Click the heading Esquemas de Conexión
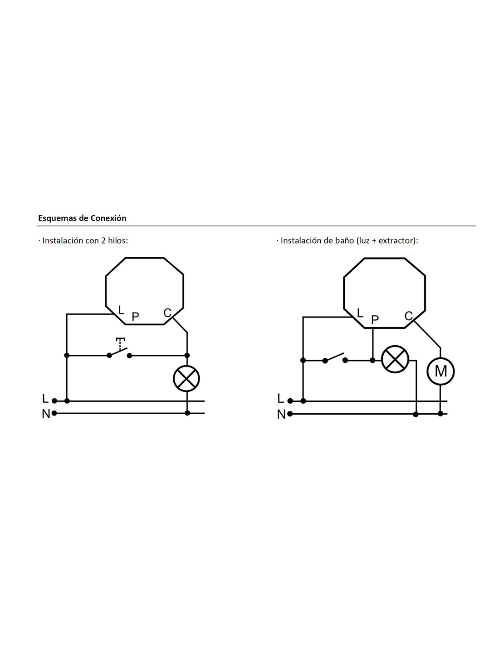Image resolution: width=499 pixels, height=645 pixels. [x=82, y=218]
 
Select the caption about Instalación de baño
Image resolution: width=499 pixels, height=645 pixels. [x=347, y=240]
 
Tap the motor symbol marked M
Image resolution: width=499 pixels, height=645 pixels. [x=440, y=371]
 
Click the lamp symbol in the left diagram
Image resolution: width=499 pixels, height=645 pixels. [x=186, y=379]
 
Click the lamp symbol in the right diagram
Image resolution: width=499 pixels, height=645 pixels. [x=395, y=359]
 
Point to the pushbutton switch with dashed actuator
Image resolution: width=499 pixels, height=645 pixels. [x=119, y=350]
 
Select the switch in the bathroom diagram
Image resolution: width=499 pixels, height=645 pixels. [x=335, y=358]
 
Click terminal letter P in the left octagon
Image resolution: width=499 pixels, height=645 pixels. [x=135, y=317]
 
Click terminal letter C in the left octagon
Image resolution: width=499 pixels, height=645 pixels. [x=167, y=313]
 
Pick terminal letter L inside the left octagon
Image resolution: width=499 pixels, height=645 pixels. [x=121, y=310]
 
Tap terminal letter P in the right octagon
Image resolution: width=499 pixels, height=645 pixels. [x=375, y=320]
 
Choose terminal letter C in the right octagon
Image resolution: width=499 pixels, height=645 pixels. [x=409, y=316]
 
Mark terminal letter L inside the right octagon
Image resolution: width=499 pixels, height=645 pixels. [x=360, y=313]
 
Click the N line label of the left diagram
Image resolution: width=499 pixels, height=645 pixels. [x=46, y=414]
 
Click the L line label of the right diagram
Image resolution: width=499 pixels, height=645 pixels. [x=280, y=399]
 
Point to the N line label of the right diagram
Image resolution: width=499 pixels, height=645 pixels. [x=281, y=415]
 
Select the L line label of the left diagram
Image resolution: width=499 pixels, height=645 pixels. [x=45, y=398]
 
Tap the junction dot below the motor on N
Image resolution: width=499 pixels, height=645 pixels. [x=440, y=414]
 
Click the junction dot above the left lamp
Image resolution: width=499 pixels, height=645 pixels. [x=187, y=355]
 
